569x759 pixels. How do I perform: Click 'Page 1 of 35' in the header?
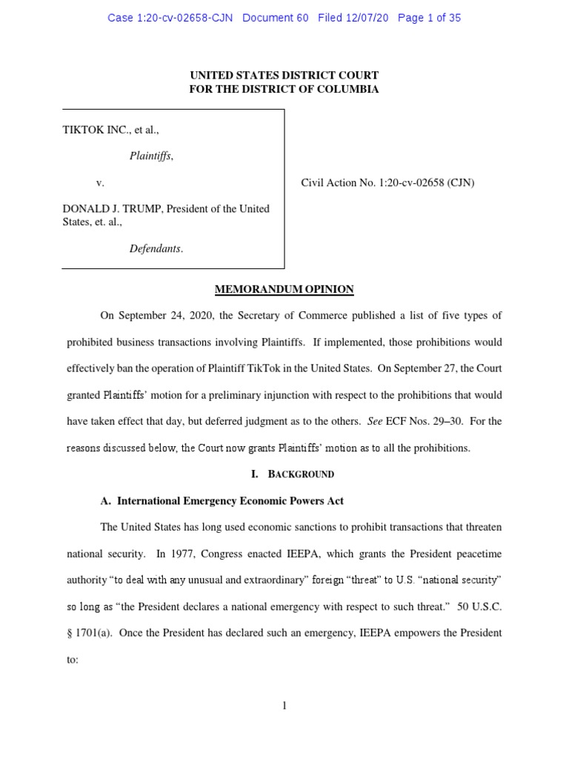click(x=429, y=18)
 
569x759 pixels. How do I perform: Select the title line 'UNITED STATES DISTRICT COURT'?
click(x=284, y=76)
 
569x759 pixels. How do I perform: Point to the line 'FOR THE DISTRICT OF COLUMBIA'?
click(x=284, y=90)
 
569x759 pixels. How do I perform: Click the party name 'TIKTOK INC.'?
click(x=91, y=130)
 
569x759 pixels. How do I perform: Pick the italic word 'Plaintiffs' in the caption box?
click(x=151, y=156)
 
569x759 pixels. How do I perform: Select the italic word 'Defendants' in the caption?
click(x=156, y=249)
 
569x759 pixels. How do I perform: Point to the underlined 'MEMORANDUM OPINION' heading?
click(x=284, y=289)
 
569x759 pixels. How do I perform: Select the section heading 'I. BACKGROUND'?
click(x=284, y=474)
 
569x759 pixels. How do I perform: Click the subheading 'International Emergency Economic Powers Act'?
click(x=230, y=501)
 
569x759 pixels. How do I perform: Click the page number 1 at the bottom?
click(x=284, y=706)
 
